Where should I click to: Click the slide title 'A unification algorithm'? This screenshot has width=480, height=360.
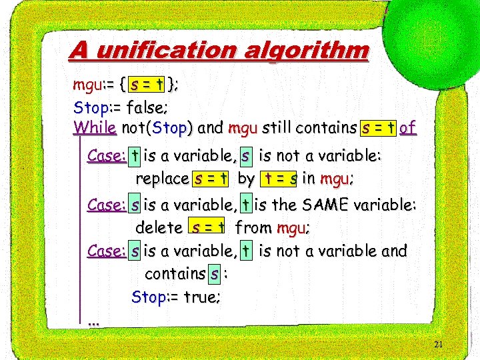tap(219, 51)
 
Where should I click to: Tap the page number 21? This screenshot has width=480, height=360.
tap(438, 345)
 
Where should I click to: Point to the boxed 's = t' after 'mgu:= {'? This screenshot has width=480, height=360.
tap(147, 85)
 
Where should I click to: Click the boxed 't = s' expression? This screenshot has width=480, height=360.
tap(279, 179)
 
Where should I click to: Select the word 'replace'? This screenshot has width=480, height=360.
tap(162, 179)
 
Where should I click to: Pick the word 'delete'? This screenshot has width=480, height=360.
tap(159, 228)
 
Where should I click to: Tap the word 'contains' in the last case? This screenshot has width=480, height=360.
tap(175, 273)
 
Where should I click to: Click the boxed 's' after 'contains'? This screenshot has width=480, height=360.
tap(213, 273)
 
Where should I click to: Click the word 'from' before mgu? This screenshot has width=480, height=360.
tap(253, 228)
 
